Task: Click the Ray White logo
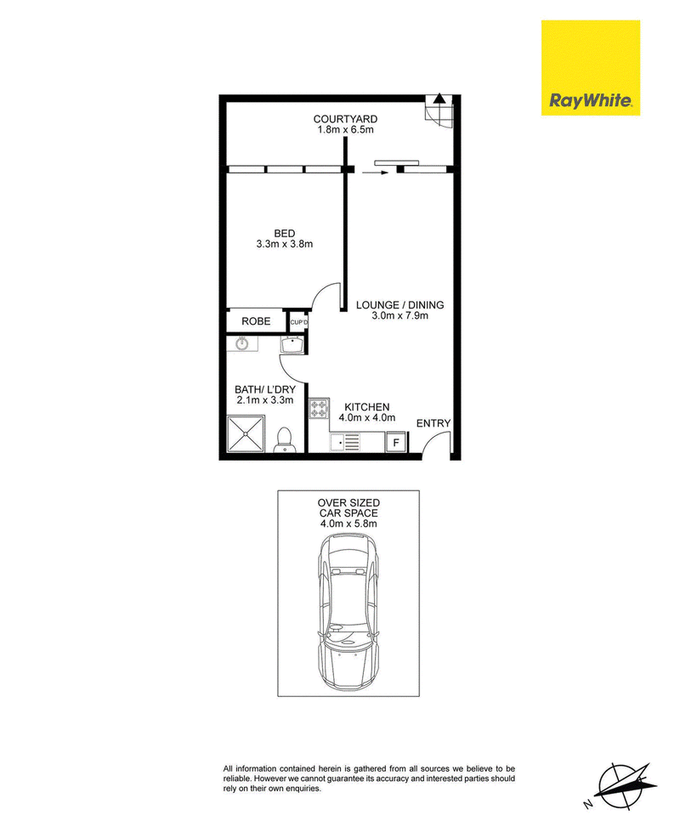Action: click(590, 68)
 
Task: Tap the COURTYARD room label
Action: click(345, 119)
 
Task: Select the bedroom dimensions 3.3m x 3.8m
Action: click(285, 244)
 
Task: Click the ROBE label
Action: click(256, 321)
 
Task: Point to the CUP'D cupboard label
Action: click(299, 322)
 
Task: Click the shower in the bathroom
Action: click(246, 434)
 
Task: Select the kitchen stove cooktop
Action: click(319, 409)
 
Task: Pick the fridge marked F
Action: click(396, 443)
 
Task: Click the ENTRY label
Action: click(433, 423)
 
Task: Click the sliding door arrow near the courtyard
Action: click(376, 173)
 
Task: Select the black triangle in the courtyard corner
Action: click(439, 98)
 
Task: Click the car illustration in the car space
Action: click(348, 612)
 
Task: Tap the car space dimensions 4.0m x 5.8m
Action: click(348, 524)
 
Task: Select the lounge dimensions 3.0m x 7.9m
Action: click(399, 316)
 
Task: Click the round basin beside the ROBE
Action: click(242, 343)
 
